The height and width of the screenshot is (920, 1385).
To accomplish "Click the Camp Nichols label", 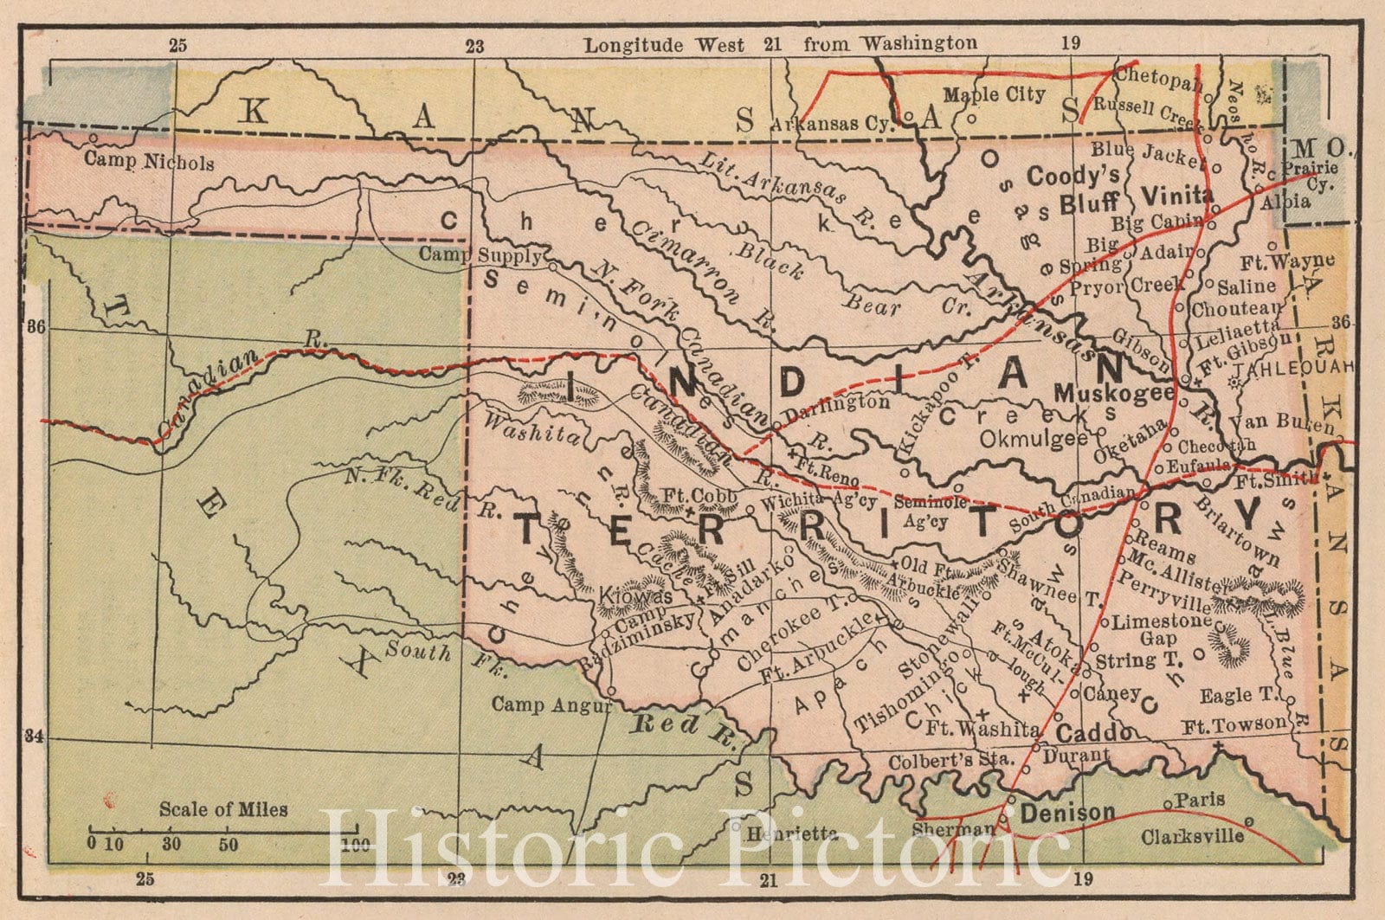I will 149,161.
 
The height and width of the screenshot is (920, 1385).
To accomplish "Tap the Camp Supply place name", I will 482,254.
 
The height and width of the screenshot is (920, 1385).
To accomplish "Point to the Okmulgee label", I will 1034,439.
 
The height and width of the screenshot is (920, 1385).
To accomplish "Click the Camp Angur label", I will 551,705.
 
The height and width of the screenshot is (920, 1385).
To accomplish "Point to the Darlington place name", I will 837,402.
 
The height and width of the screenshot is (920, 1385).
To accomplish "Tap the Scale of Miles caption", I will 223,810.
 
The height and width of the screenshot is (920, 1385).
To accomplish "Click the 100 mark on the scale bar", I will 350,844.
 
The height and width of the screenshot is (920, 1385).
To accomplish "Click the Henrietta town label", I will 782,833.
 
